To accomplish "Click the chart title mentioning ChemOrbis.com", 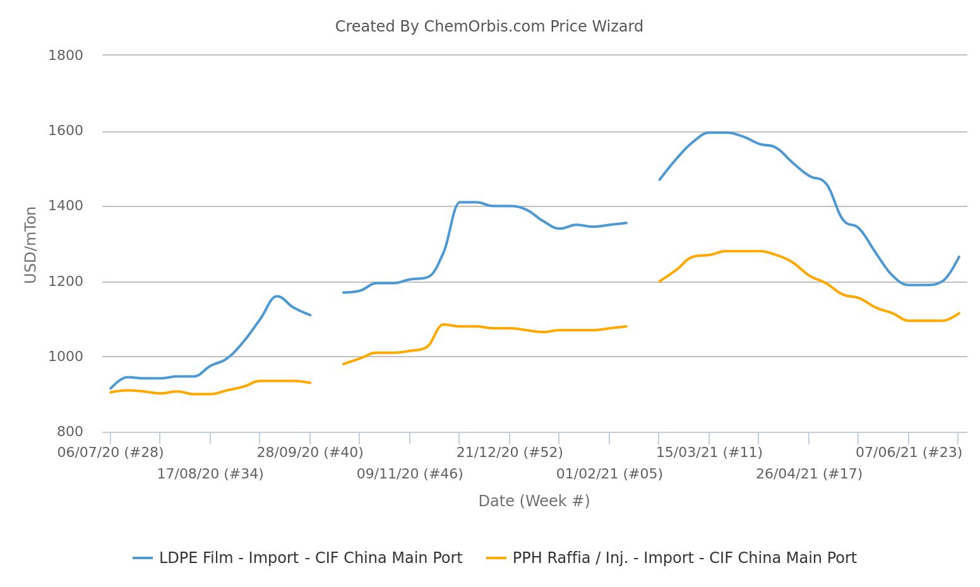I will click(489, 27).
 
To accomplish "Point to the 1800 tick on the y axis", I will click(66, 56).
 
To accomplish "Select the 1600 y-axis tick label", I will click(66, 131).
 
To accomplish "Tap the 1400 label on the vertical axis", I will click(66, 206).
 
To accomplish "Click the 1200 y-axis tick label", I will click(66, 282).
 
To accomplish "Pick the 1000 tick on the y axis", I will click(66, 357).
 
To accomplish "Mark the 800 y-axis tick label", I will click(69, 432).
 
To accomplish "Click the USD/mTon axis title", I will click(30, 245).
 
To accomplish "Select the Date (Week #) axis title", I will click(534, 501).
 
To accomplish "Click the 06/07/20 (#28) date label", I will click(111, 453).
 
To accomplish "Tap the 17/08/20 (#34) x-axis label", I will click(210, 474).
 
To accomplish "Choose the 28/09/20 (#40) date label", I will click(310, 453).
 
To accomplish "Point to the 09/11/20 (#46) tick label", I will click(410, 474).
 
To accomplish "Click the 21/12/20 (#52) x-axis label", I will click(510, 453).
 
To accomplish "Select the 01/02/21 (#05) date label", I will click(609, 474).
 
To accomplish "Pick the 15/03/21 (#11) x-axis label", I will click(709, 453).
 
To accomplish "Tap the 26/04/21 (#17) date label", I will click(809, 474).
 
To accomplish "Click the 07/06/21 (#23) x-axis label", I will click(909, 453).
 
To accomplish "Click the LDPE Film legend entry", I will click(298, 558).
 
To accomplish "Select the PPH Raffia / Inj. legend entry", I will click(672, 558).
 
